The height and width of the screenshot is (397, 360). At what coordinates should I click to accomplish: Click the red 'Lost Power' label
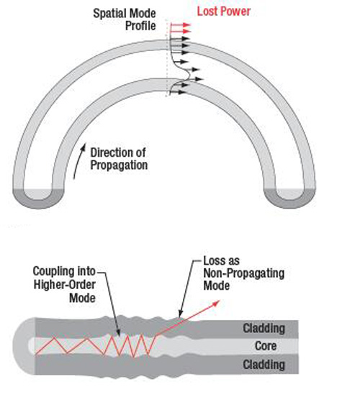tap(224, 12)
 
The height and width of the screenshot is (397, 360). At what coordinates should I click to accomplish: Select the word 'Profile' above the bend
tap(140, 26)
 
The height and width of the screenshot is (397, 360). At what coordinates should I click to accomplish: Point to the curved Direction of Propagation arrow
tap(78, 161)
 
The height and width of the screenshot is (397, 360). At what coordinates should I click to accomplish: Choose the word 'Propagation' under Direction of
tap(119, 165)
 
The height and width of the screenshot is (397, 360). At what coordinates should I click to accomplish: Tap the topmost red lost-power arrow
tap(180, 24)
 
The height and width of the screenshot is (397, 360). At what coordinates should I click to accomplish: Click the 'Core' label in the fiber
tap(266, 346)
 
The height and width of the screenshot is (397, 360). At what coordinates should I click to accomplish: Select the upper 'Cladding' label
tap(264, 329)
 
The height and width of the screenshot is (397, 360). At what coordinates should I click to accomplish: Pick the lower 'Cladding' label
tap(264, 365)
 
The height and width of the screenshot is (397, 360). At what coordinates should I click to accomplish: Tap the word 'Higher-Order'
tap(65, 285)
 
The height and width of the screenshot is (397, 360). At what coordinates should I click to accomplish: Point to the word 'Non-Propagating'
tap(244, 273)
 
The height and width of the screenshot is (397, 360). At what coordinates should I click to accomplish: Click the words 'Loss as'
tap(222, 261)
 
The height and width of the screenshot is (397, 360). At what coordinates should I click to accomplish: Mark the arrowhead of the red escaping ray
tap(216, 303)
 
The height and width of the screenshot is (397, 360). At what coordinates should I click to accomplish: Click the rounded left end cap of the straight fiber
tap(23, 346)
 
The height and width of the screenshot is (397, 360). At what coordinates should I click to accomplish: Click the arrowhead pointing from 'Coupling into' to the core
tap(118, 333)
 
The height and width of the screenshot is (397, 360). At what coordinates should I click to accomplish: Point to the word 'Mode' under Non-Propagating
tap(217, 286)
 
